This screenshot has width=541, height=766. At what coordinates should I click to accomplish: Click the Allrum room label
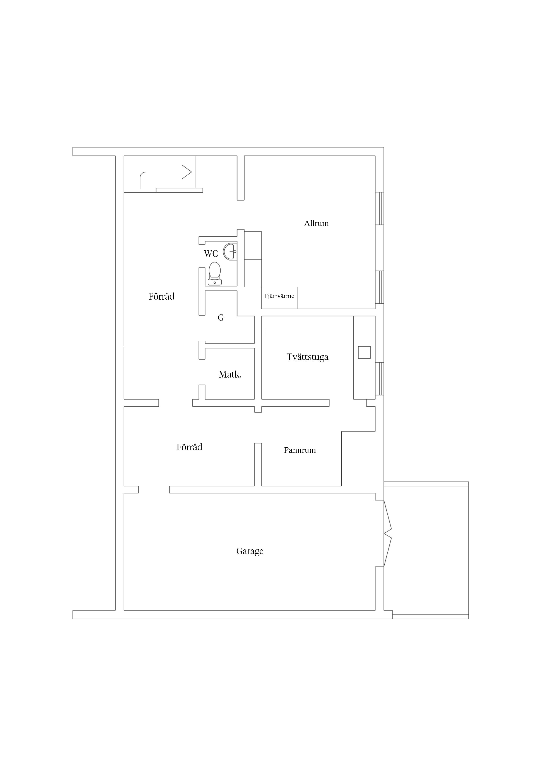[316, 223]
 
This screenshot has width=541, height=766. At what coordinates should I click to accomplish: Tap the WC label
[211, 254]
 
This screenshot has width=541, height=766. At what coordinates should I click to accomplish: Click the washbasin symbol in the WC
[230, 251]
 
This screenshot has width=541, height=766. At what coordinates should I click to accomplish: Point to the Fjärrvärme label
[279, 296]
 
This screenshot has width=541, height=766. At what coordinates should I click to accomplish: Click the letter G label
[221, 318]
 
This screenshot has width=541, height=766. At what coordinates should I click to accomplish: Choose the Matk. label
[230, 375]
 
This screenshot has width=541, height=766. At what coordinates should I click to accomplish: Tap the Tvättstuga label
[307, 357]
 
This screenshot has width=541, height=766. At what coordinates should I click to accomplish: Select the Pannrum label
[300, 450]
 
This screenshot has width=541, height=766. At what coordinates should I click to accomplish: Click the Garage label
[250, 551]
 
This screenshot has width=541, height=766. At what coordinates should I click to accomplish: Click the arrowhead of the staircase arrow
[187, 172]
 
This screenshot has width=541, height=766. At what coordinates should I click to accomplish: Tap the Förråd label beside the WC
[161, 296]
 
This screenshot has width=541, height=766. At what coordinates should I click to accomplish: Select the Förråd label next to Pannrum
[189, 447]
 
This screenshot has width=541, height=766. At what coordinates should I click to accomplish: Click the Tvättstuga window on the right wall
[379, 379]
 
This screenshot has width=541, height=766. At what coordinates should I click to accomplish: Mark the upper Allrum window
[379, 209]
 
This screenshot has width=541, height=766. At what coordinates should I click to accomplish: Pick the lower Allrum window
[379, 287]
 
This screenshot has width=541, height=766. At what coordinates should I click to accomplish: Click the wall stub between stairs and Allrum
[241, 178]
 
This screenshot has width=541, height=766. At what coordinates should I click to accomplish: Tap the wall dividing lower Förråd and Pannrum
[258, 464]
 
